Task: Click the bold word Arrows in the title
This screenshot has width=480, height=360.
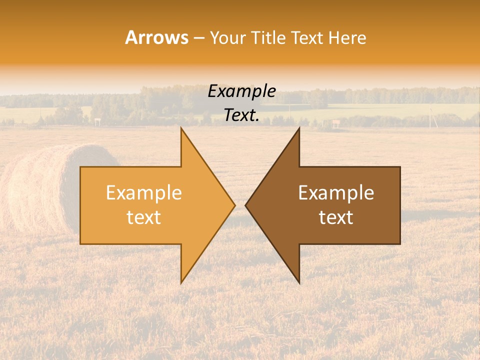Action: coord(157,37)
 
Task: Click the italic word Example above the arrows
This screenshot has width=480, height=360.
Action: coord(241,91)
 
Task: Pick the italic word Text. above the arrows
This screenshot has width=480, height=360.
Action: coord(241,115)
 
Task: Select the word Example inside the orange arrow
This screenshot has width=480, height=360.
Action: coord(144,193)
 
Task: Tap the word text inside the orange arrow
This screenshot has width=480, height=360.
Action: coord(144,217)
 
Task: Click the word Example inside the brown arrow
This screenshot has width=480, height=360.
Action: coord(336,193)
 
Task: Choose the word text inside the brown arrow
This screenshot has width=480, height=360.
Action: coord(336,217)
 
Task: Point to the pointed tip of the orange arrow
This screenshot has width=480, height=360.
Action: coord(234,205)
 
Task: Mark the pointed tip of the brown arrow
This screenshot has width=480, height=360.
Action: coord(245,205)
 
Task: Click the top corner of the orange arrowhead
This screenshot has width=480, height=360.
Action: coord(181,128)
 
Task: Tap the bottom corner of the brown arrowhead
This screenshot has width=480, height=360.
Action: coord(299,283)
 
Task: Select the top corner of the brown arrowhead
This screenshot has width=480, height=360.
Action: coord(299,128)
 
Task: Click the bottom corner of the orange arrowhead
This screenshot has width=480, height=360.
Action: coord(181,283)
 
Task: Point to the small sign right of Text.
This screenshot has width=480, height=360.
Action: coord(336,122)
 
